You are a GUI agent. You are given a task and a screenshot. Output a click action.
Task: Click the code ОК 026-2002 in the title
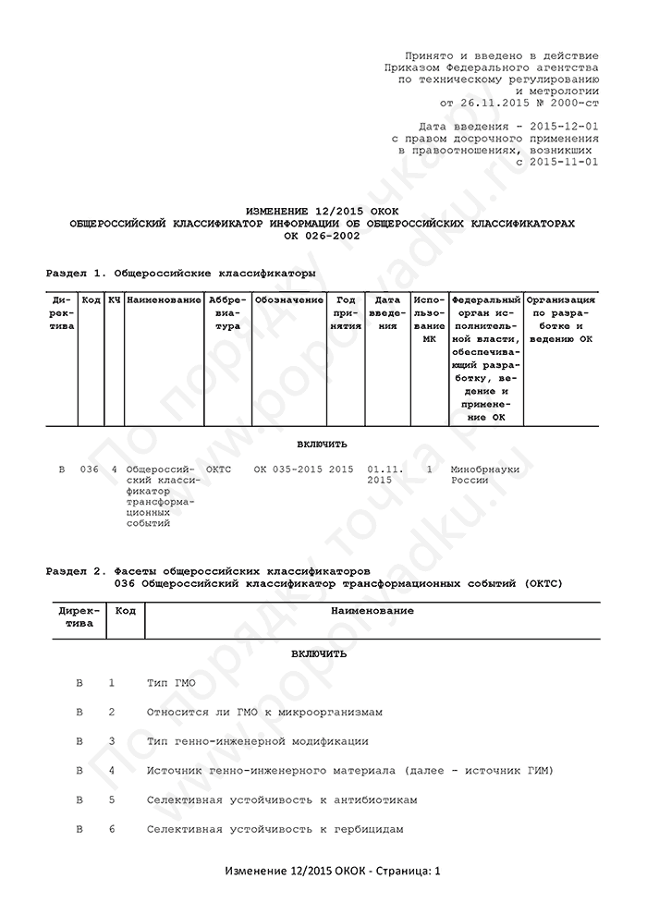pos(323,235)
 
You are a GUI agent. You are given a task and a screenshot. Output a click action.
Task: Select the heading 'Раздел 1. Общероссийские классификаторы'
pos(180,274)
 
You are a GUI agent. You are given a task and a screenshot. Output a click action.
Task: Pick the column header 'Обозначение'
pos(288,300)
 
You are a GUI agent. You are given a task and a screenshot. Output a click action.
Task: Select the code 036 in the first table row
pos(90,470)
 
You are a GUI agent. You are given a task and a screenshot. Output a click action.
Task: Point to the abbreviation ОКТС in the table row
pos(219,470)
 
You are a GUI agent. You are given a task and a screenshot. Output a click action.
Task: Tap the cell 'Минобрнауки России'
pos(484,475)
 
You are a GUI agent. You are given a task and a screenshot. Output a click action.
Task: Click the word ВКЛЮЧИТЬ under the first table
pos(323,444)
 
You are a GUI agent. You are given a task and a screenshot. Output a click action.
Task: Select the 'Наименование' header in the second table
pos(372,611)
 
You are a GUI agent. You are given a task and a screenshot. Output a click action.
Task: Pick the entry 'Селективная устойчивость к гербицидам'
pos(275,829)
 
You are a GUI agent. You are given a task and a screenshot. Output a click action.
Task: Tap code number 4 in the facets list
pos(112,770)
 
